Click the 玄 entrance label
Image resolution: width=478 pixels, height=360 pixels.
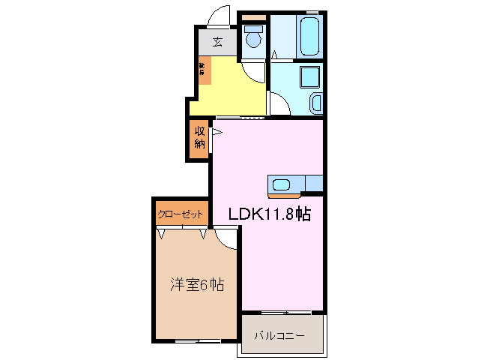[217, 42]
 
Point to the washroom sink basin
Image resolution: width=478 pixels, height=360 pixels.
[315, 103]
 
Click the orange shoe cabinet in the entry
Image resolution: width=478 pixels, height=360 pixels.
[205, 70]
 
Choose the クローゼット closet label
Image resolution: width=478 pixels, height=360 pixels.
[181, 214]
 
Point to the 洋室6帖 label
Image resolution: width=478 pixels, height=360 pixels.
[196, 285]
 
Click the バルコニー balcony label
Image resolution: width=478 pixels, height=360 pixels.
[279, 334]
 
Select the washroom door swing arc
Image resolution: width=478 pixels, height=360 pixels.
[281, 104]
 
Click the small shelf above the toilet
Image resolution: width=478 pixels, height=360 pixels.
[255, 16]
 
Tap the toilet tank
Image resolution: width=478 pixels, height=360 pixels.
[253, 29]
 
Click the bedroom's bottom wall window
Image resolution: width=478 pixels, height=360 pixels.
[197, 342]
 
